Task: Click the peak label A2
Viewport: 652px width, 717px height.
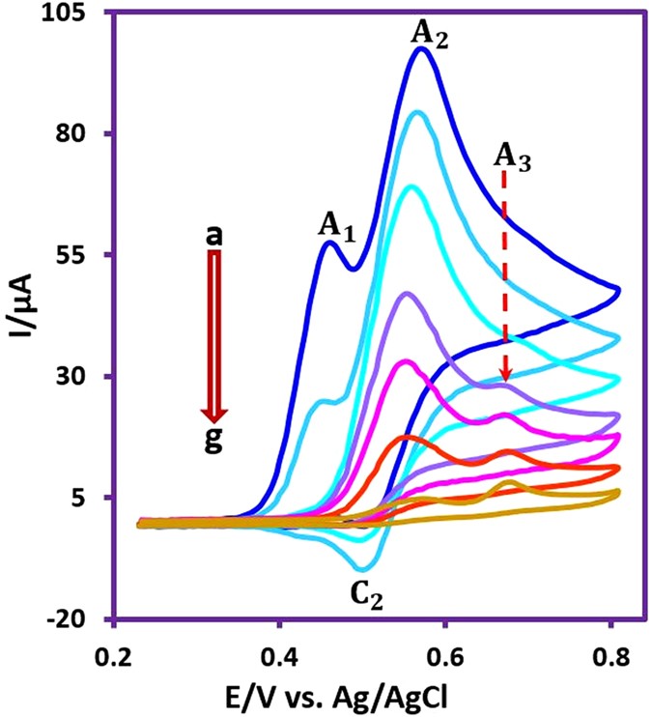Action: coord(430,34)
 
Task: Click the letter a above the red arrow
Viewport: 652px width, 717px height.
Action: coord(213,236)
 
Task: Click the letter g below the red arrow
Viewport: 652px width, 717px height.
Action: coord(213,441)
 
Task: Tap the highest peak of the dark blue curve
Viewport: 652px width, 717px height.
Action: coord(421,48)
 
